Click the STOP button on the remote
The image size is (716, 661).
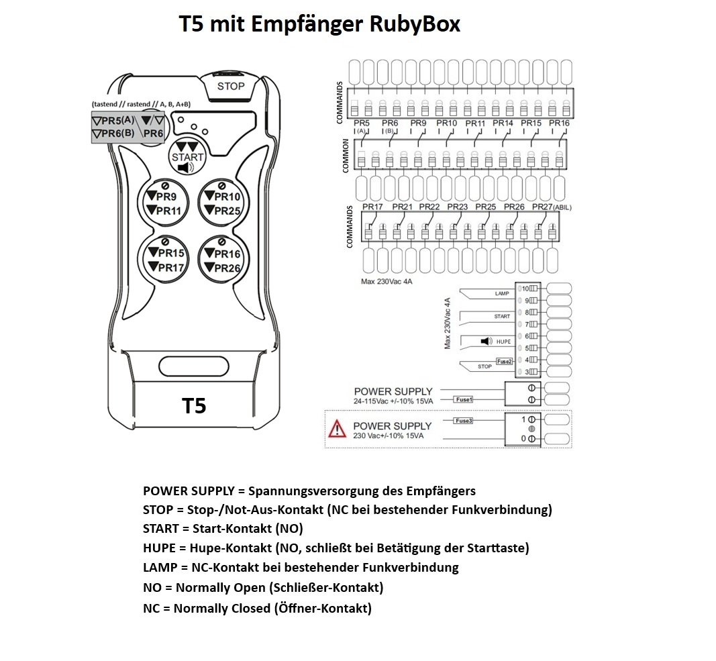[231, 86]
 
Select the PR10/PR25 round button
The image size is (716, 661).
[222, 203]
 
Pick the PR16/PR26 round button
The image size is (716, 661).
[222, 260]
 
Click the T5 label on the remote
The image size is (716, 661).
[194, 406]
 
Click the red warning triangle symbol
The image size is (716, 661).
[336, 427]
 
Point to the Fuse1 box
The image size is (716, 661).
[464, 399]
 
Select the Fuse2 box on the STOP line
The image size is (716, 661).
[505, 361]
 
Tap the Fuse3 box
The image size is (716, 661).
[464, 421]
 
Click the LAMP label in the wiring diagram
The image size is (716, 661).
[501, 294]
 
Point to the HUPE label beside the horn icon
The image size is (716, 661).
[503, 342]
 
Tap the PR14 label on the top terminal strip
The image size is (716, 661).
[503, 123]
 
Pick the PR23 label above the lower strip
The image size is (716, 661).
[457, 207]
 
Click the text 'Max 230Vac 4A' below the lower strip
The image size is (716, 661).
[387, 282]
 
